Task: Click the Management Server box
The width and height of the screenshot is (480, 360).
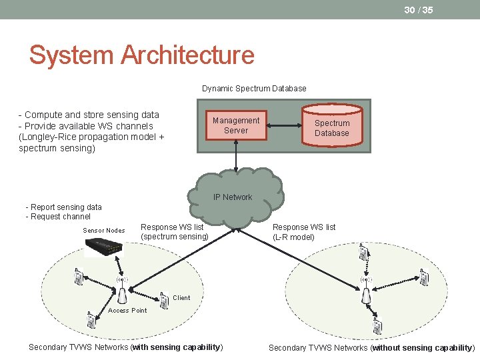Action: [x=235, y=125]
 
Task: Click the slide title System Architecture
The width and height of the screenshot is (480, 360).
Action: [x=141, y=55]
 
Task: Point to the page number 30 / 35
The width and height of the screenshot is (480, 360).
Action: [x=418, y=9]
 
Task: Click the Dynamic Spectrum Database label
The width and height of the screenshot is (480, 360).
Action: [x=254, y=88]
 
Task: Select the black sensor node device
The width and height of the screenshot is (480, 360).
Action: [x=105, y=248]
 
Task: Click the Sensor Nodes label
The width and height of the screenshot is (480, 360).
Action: [x=103, y=231]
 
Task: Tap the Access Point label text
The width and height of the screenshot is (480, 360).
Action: [x=127, y=310]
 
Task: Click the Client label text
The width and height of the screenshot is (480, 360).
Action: [x=181, y=298]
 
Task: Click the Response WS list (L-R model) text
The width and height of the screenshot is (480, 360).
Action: [x=304, y=232]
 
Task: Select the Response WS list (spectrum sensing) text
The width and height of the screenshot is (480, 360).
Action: [x=175, y=232]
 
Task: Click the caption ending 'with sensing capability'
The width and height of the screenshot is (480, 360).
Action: [x=126, y=347]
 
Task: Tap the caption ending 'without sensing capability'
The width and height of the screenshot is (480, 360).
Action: [x=371, y=347]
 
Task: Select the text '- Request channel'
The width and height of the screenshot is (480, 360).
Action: [x=58, y=217]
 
